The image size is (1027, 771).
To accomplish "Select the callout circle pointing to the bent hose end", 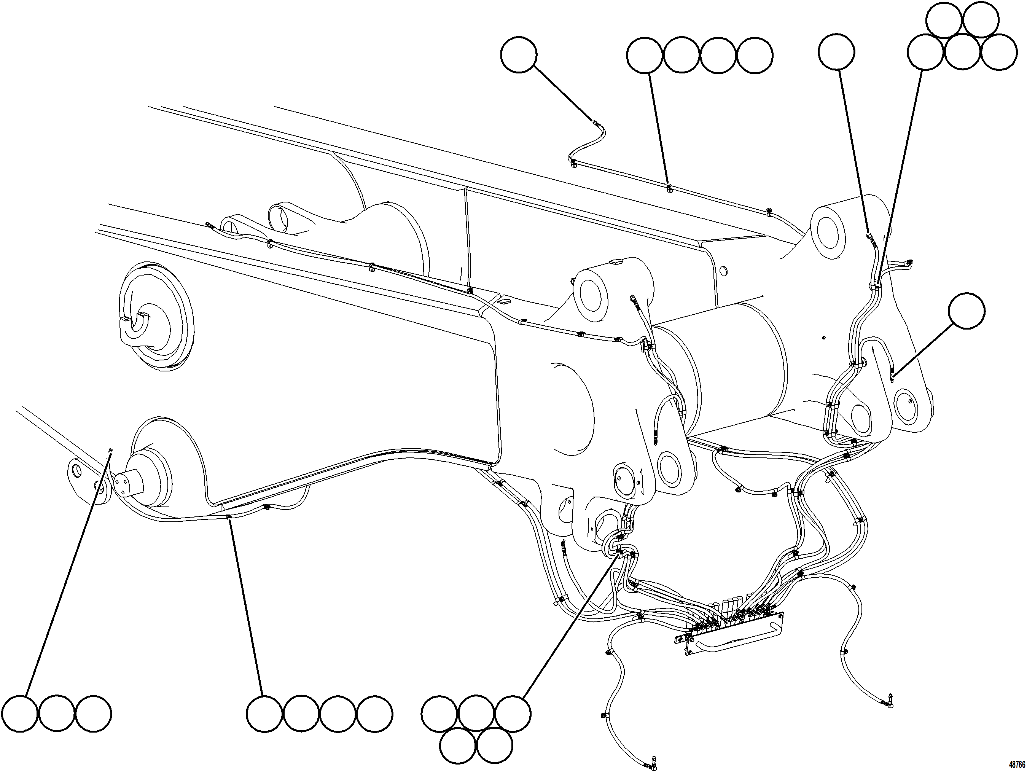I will pos(519,55).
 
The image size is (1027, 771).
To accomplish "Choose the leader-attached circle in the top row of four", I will pos(645,56).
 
